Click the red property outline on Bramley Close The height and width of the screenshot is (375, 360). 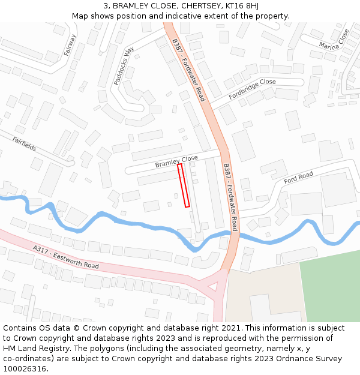184,185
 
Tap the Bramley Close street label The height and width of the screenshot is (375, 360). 176,161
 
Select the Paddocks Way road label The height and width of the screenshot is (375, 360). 124,65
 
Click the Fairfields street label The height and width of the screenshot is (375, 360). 24,143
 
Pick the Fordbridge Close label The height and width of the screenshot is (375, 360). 252,89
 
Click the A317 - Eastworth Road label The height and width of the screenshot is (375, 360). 66,256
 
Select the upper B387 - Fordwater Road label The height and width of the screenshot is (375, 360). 188,70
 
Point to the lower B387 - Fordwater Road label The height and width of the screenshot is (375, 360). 230,197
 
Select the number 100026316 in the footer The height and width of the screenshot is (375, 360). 25,368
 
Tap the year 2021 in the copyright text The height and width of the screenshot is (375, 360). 232,328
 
